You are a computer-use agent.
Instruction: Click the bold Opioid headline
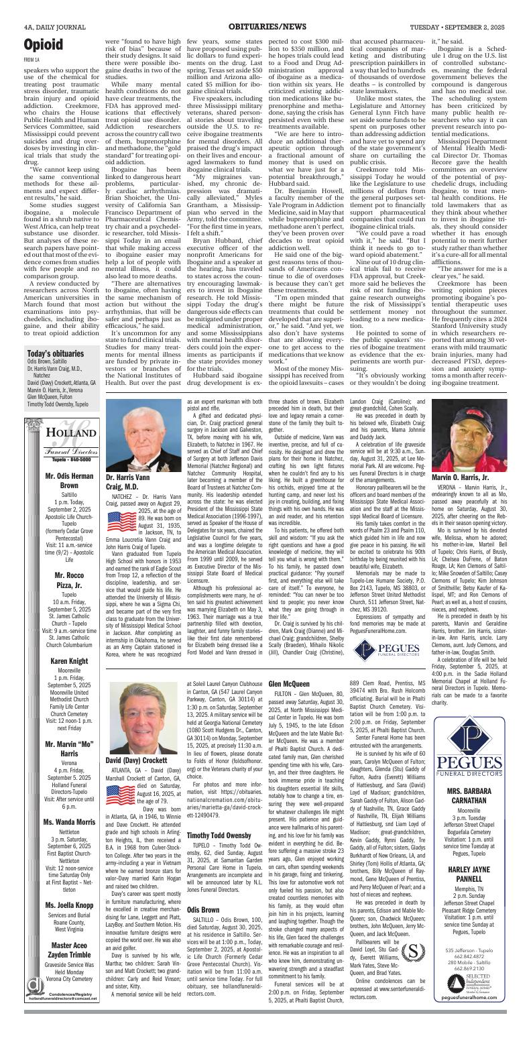(x=44, y=44)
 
